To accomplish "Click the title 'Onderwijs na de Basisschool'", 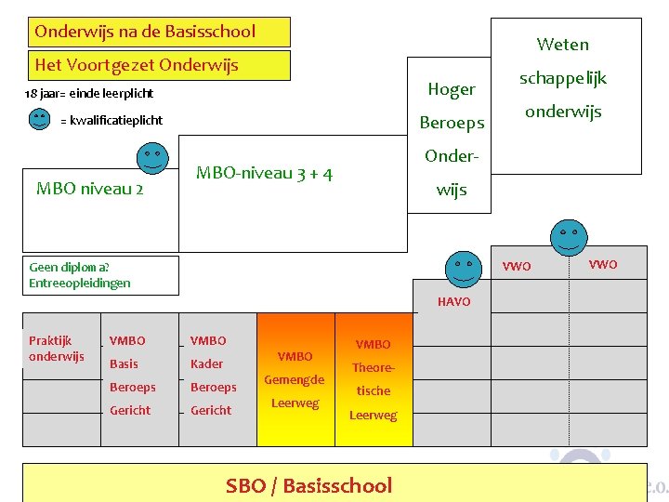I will click(145, 32).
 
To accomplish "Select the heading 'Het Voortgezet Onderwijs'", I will click(137, 65).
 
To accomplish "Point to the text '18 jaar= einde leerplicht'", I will click(89, 94).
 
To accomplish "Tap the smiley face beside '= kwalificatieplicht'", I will click(39, 120).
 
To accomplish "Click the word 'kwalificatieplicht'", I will click(116, 121).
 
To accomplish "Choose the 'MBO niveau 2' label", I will click(89, 189).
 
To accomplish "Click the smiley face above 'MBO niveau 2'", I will click(152, 158).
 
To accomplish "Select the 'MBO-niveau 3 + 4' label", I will click(265, 173).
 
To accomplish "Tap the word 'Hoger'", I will click(452, 89).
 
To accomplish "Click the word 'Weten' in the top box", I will click(562, 44).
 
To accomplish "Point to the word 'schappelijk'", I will click(562, 78).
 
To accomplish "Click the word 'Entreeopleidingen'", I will click(80, 283).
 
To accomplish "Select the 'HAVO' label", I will click(453, 302).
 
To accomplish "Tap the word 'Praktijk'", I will click(50, 340).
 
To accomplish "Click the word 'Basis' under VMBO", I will click(124, 363).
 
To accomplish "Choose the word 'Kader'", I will click(206, 363).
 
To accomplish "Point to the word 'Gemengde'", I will click(295, 379).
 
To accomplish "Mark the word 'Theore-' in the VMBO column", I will click(374, 367).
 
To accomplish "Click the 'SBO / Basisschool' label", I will click(308, 485).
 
